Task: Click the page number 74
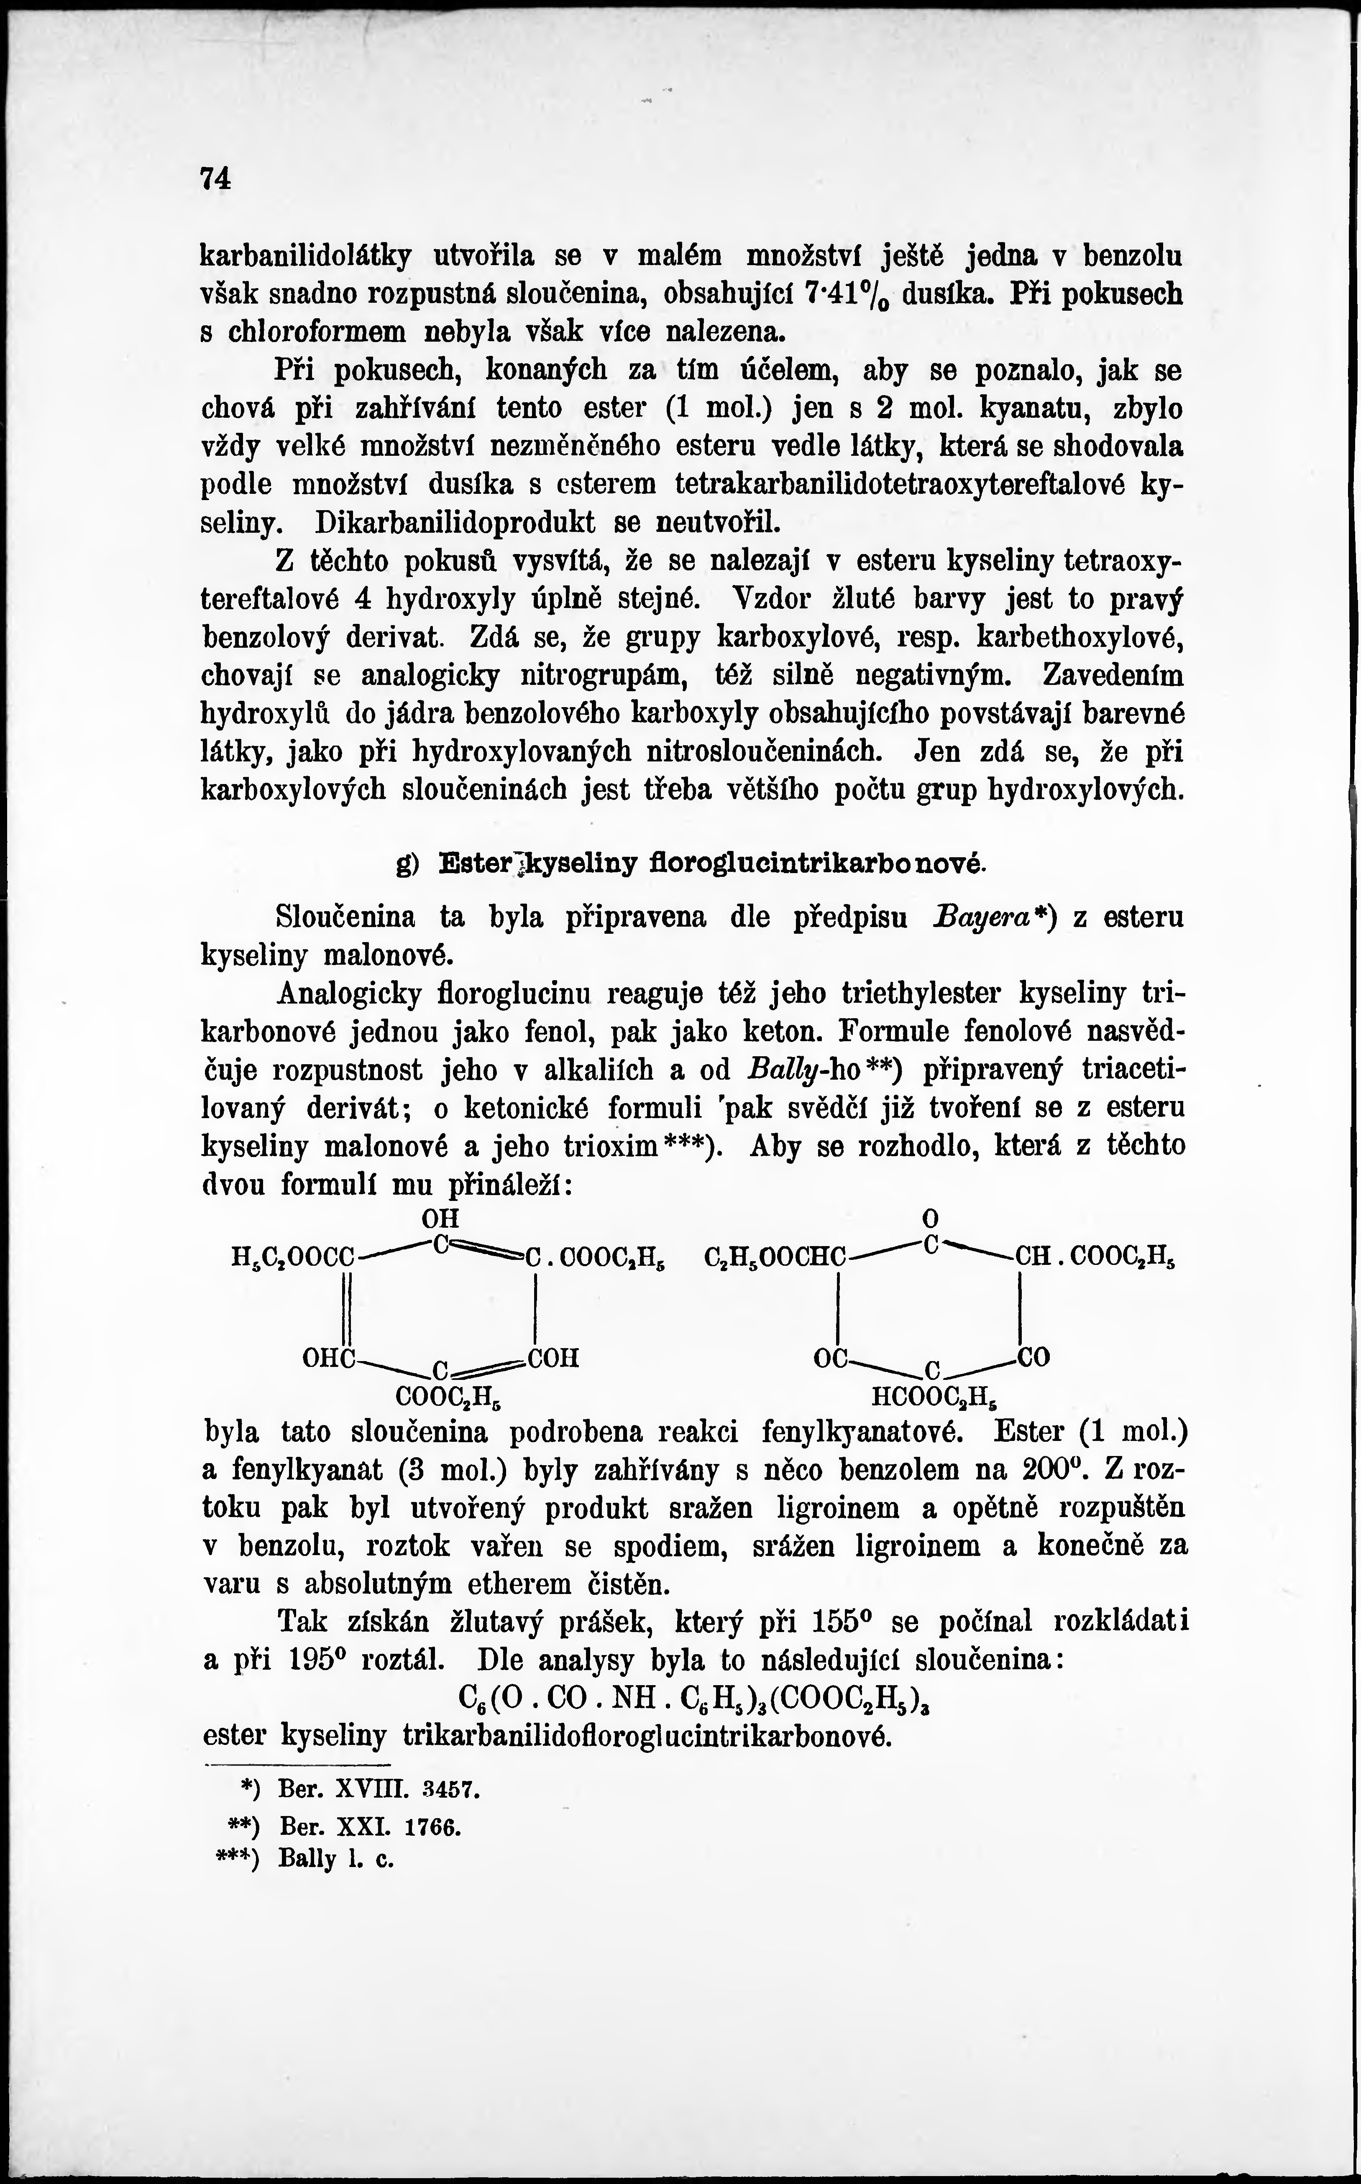pyautogui.click(x=216, y=178)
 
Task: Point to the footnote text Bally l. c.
pyautogui.click(x=337, y=1859)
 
